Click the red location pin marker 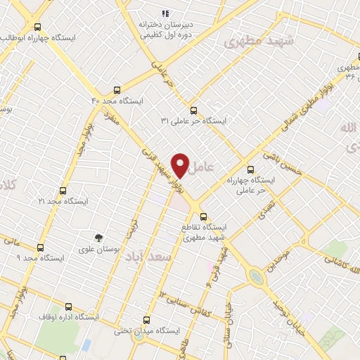pos(181,165)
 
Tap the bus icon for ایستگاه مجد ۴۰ pos(116,90)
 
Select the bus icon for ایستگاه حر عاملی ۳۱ pos(194,109)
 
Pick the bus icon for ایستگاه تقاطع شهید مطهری pos(203,217)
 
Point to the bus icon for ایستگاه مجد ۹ pos(40,247)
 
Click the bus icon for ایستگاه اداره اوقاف pos(68,307)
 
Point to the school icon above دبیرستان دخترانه pos(166,13)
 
